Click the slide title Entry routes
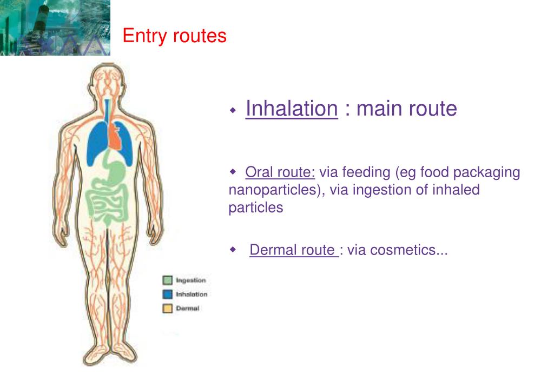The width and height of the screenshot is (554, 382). point(174,36)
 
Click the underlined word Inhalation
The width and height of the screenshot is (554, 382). point(291,109)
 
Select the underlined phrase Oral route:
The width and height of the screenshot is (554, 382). point(280,173)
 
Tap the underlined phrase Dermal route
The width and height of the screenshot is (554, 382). point(293,250)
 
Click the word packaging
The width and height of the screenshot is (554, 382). point(486,173)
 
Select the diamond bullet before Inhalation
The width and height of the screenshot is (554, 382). point(233,110)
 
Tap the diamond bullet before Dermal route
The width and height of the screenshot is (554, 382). point(233,250)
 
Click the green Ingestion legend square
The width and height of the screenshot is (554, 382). point(168,280)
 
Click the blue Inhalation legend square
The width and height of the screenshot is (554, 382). point(168,294)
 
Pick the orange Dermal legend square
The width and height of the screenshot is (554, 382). point(168,309)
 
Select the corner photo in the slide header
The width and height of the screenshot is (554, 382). point(55,28)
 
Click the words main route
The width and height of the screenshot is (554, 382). point(406,109)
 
